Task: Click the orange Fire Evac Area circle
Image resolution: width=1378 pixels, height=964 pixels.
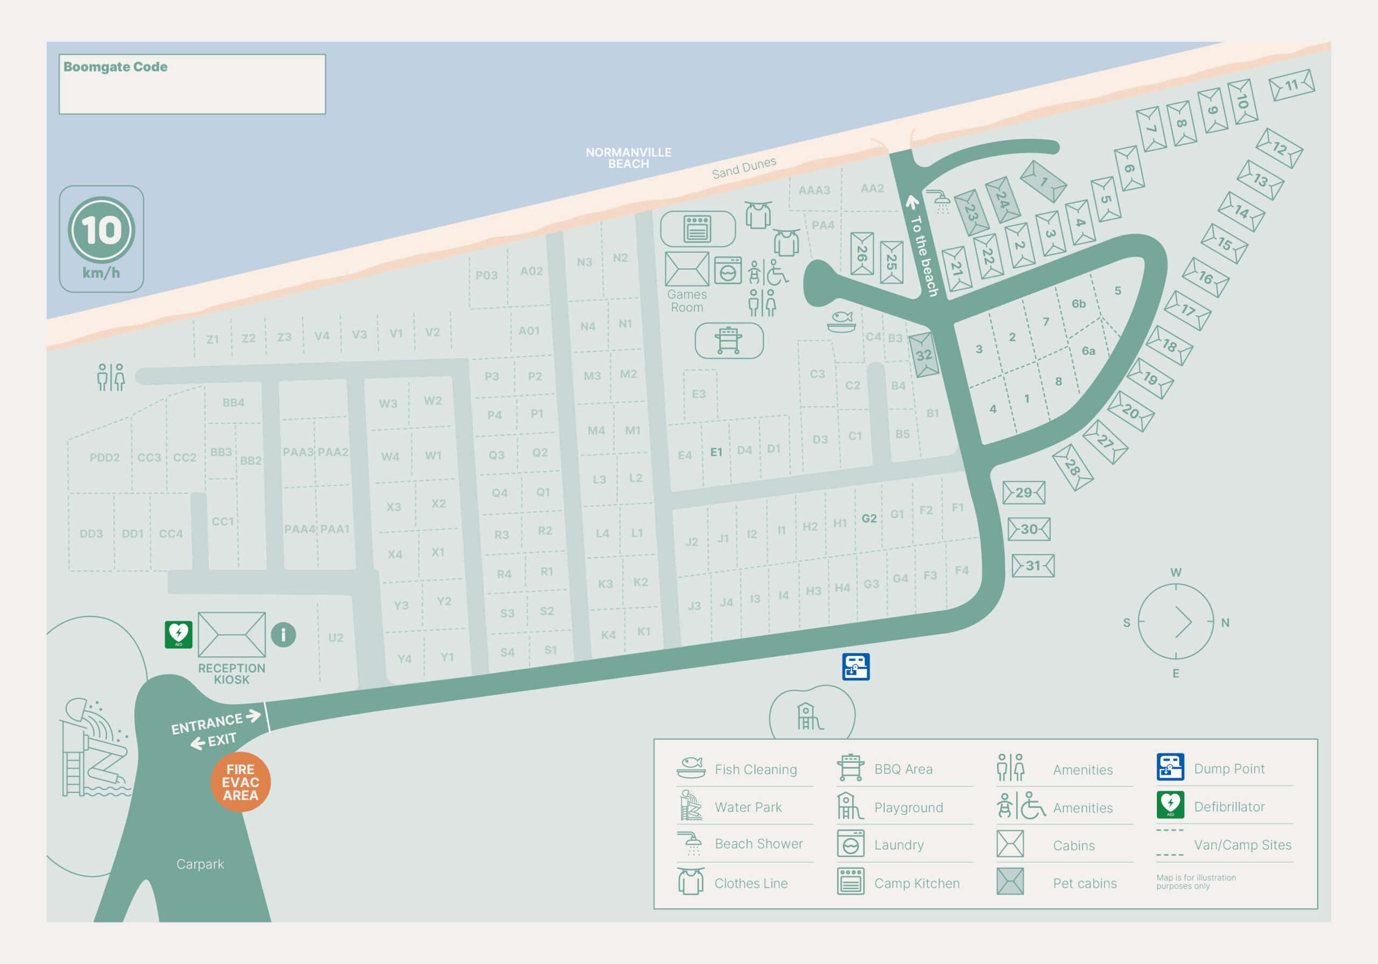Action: pyautogui.click(x=240, y=782)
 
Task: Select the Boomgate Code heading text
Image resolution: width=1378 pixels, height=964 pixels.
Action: pyautogui.click(x=115, y=67)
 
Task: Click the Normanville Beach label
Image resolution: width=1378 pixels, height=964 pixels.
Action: pyautogui.click(x=628, y=158)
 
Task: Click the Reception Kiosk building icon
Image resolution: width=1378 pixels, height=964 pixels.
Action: pyautogui.click(x=231, y=634)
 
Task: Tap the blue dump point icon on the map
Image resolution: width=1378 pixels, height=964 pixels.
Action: pyautogui.click(x=855, y=667)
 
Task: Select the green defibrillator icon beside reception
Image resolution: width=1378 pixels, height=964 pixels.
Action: pyautogui.click(x=178, y=634)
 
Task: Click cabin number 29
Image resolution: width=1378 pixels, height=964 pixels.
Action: pyautogui.click(x=1024, y=493)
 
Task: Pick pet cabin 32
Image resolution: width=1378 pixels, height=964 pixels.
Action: pyautogui.click(x=924, y=355)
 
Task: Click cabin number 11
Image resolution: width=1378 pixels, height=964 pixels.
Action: pyautogui.click(x=1291, y=85)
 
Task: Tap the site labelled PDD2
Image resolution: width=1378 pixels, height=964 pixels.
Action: pyautogui.click(x=104, y=457)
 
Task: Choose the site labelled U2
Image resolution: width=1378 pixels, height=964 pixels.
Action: pyautogui.click(x=335, y=637)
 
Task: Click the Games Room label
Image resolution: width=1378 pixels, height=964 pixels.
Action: pyautogui.click(x=687, y=301)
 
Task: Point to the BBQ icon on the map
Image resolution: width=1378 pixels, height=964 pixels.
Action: pyautogui.click(x=729, y=340)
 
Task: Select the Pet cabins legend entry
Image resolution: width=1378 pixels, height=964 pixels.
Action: pyautogui.click(x=1084, y=883)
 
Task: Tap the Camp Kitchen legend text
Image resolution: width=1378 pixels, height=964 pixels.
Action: pyautogui.click(x=917, y=883)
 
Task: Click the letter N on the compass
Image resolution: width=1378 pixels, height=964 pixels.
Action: pyautogui.click(x=1225, y=622)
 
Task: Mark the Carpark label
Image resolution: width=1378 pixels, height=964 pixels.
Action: pyautogui.click(x=200, y=864)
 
